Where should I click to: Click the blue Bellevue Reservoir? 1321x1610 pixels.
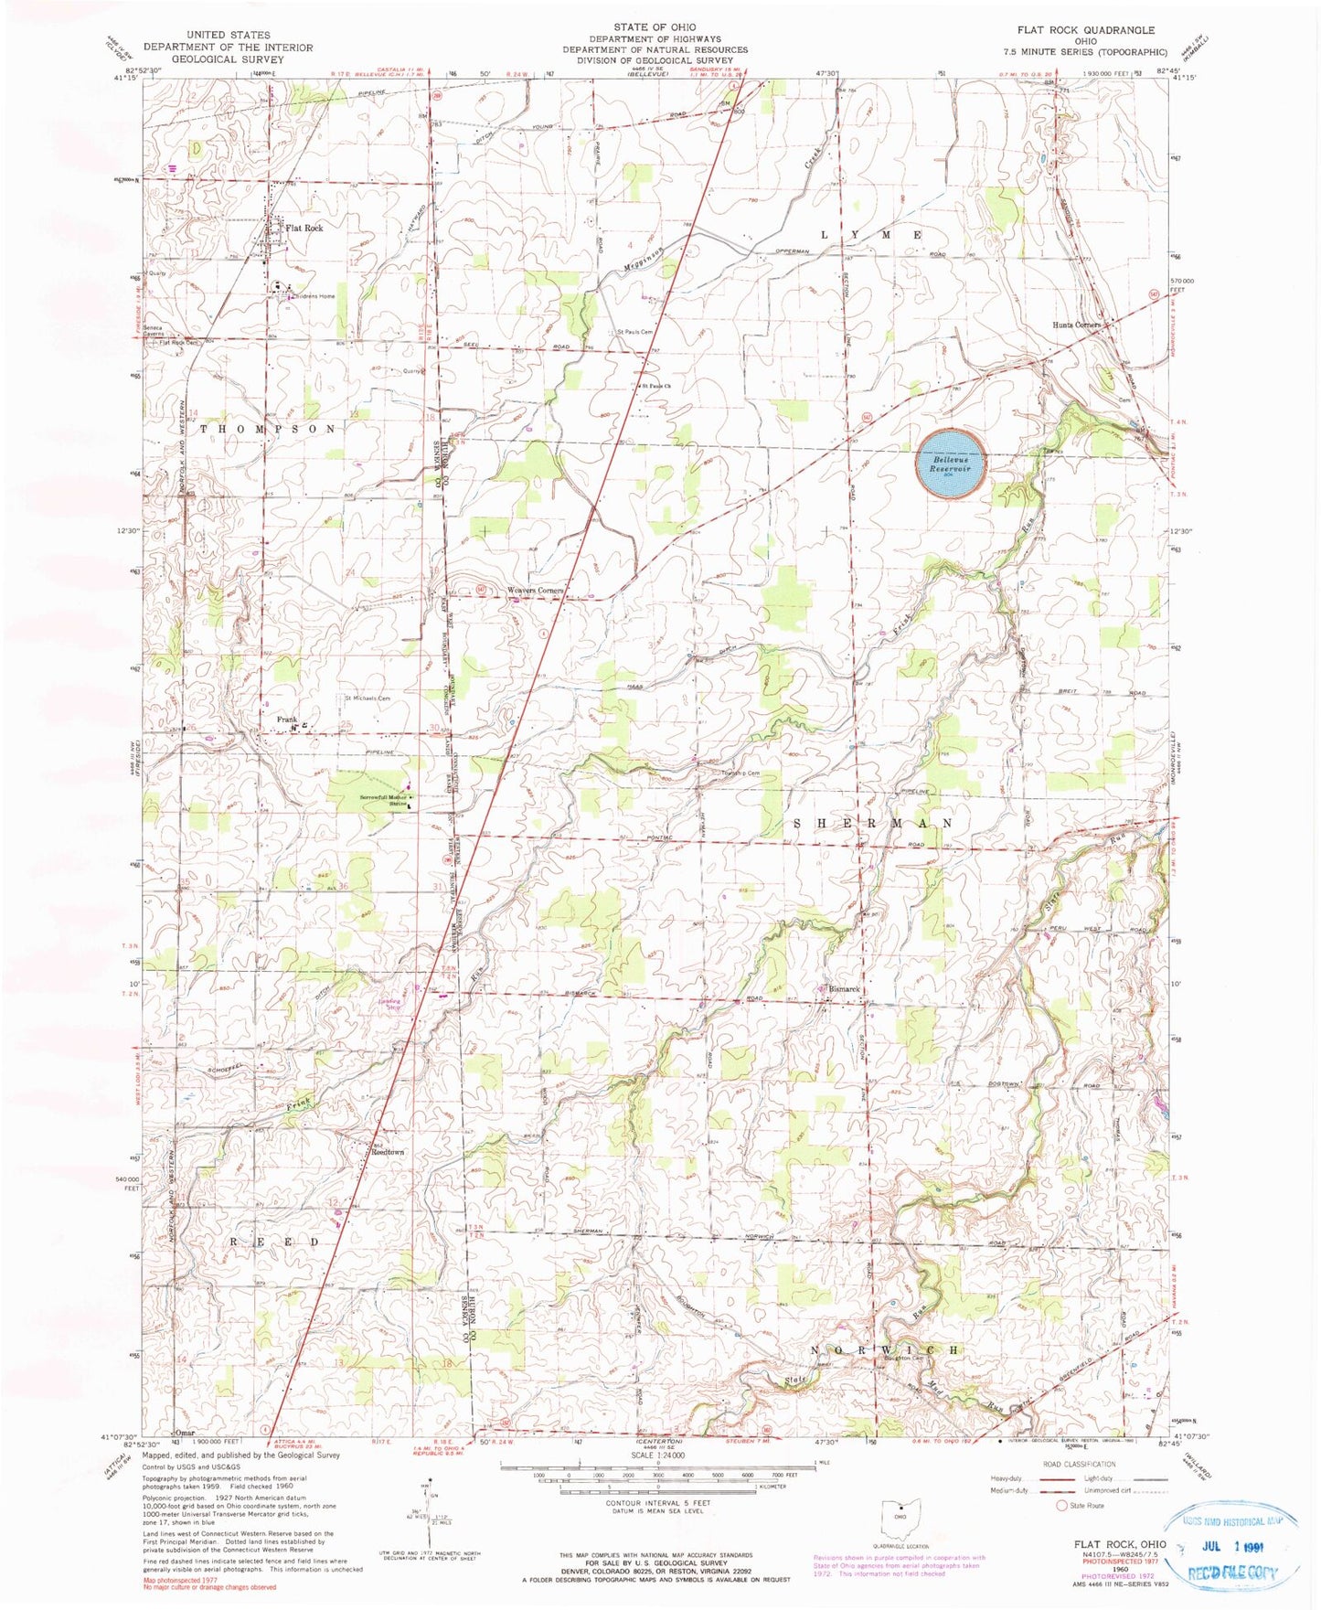point(952,464)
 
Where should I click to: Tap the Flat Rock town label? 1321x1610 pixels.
point(304,228)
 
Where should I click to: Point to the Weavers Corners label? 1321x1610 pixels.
point(536,591)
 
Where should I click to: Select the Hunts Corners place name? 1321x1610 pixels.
point(1076,325)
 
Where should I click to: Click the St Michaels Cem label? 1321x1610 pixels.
point(367,698)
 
